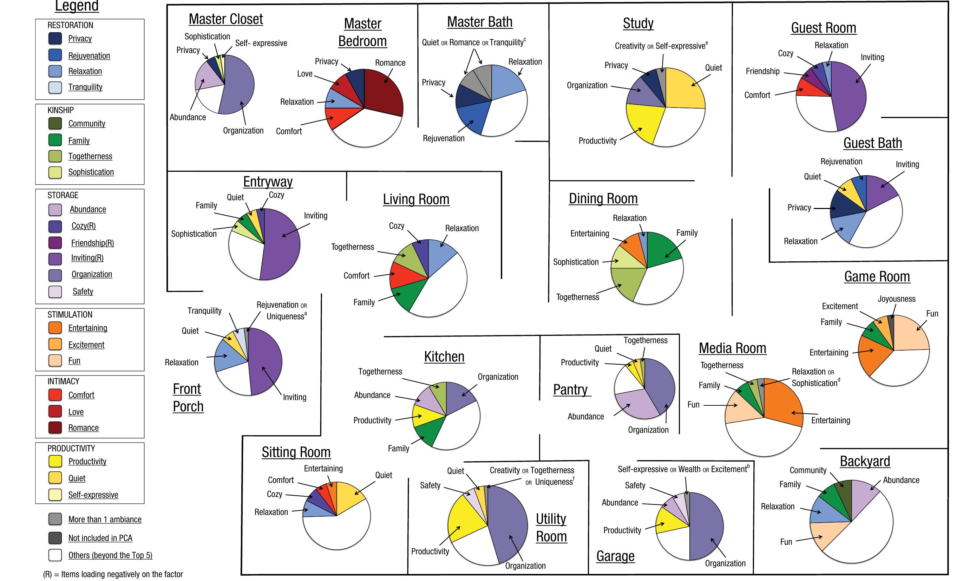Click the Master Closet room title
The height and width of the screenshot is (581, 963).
coord(225,19)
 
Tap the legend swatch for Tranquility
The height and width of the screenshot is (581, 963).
coord(55,87)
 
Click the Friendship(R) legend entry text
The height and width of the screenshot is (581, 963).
coord(93,243)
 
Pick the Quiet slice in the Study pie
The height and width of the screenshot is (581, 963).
coord(684,88)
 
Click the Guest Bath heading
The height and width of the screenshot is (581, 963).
coord(873,143)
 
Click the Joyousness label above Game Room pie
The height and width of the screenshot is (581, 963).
coord(897,299)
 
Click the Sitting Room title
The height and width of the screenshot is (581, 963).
coord(296,452)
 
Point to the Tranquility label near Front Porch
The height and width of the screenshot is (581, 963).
coord(204,311)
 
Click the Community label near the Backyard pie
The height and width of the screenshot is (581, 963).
coord(808,470)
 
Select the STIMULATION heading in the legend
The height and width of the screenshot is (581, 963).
coord(70,315)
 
